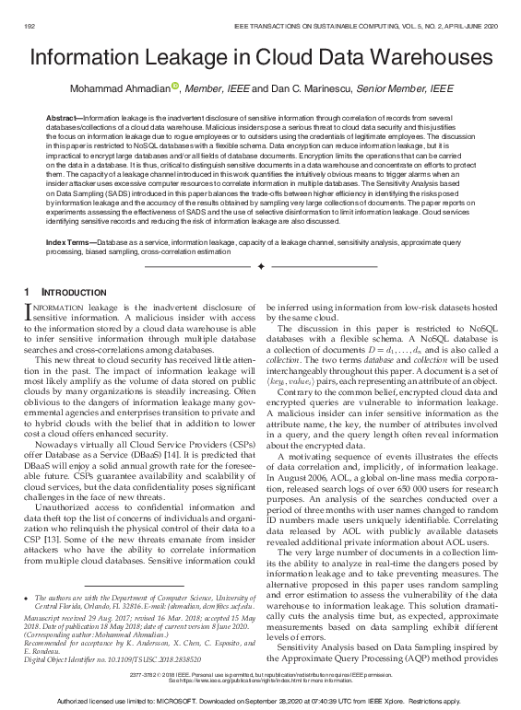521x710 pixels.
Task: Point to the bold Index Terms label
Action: pyautogui.click(x=69, y=240)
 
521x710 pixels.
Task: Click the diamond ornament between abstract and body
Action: pyautogui.click(x=261, y=265)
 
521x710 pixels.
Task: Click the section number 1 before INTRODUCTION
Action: pyautogui.click(x=26, y=292)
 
